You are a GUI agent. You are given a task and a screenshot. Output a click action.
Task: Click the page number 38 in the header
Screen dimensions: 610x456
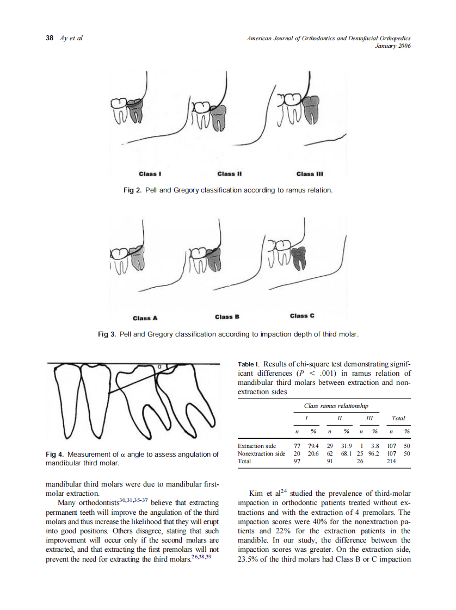coord(49,38)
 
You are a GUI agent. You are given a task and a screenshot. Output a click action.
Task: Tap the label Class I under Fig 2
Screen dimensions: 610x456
coord(148,174)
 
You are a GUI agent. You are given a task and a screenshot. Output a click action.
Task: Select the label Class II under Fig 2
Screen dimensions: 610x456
coord(229,174)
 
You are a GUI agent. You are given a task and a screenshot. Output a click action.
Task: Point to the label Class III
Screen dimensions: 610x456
coord(310,174)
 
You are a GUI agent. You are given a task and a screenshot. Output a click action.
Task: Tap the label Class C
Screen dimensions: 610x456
coord(302,316)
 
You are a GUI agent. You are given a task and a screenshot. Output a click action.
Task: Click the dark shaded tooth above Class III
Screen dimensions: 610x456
coord(312,110)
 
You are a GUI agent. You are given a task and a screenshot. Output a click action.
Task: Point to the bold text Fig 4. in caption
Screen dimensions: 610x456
coord(55,454)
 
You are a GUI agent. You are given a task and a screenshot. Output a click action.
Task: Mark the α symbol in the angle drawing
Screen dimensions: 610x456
coord(160,367)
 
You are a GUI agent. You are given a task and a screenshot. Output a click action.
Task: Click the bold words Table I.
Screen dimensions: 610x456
coord(249,364)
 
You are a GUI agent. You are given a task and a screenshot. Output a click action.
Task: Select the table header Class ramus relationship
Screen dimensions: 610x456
coord(336,406)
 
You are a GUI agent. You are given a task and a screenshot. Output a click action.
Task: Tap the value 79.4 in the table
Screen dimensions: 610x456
coord(313,446)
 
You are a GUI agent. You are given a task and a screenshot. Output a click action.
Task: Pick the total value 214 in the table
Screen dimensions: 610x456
coord(391,460)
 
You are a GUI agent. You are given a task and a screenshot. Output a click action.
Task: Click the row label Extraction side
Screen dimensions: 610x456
coord(257,446)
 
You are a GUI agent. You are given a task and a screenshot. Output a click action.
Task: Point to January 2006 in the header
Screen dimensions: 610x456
coord(393,46)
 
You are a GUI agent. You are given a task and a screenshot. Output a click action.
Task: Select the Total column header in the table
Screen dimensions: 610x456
coord(398,418)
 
